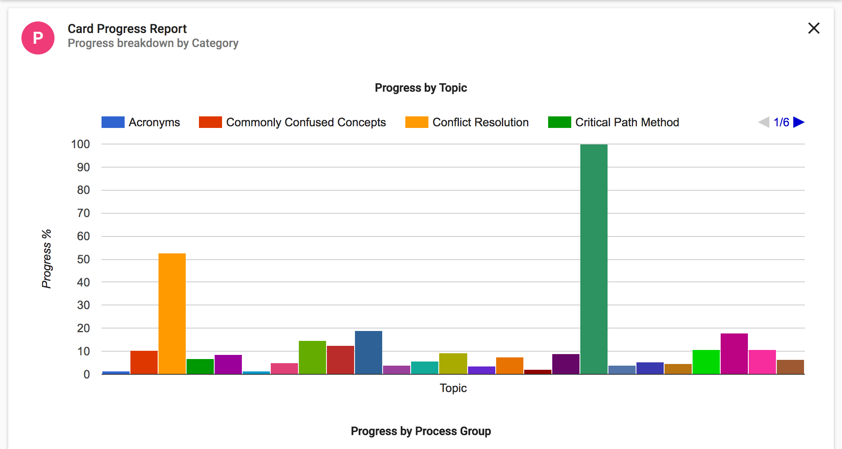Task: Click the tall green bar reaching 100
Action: (594, 259)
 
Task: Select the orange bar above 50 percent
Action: (172, 314)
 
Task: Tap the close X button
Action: (814, 28)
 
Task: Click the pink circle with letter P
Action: (38, 38)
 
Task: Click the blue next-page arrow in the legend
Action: (799, 122)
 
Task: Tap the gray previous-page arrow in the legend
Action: (764, 122)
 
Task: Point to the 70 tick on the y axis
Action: (83, 213)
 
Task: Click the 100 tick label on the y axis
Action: (80, 144)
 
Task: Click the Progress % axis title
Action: (47, 259)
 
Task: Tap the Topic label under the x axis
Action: (453, 388)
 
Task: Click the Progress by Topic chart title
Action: (421, 87)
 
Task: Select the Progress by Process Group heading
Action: (421, 431)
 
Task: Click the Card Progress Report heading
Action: (127, 28)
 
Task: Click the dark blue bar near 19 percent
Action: (368, 352)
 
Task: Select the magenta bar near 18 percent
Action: (734, 354)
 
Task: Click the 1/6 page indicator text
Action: (781, 122)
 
